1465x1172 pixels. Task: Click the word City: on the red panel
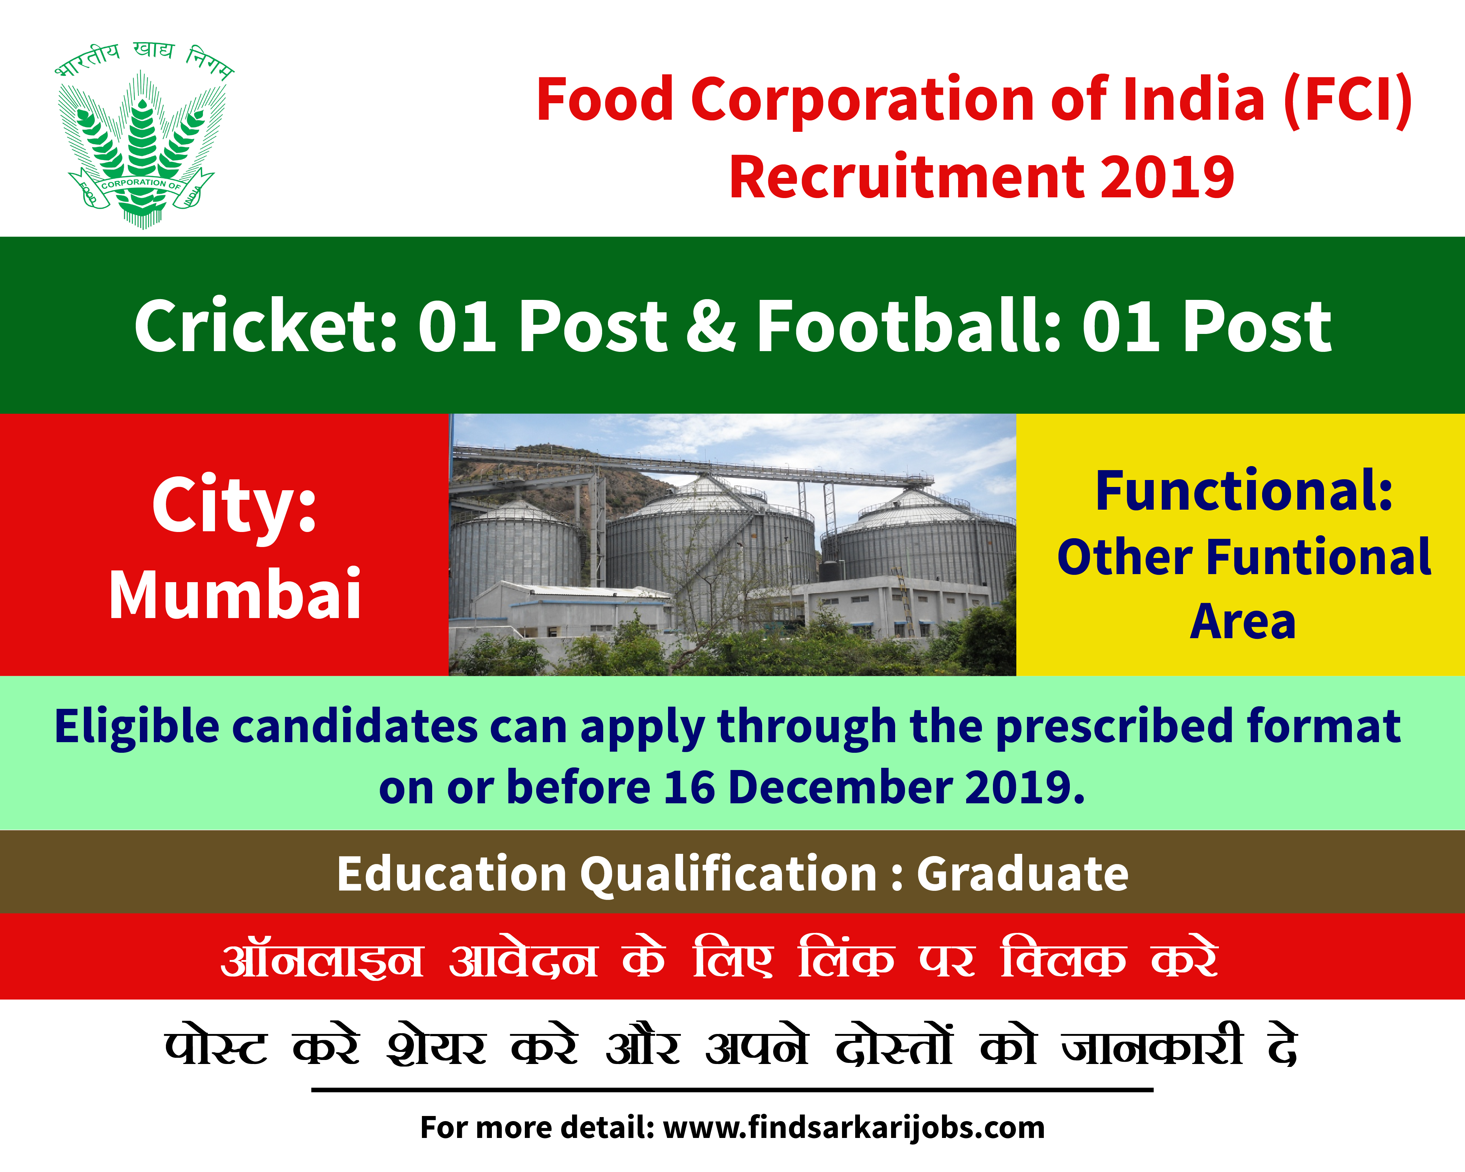click(x=234, y=506)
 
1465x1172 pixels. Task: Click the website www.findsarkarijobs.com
click(x=854, y=1127)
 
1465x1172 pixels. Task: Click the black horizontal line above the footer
click(x=732, y=1090)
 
